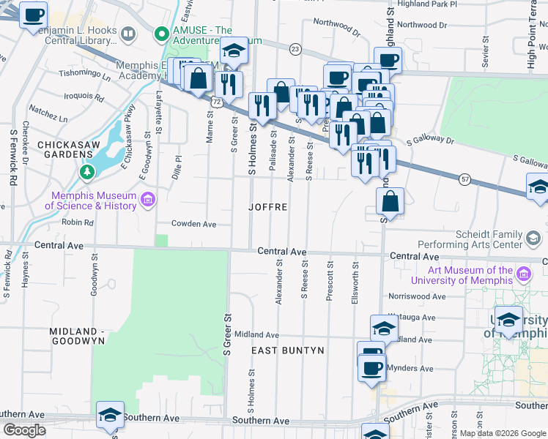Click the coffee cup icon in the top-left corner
coord(32,15)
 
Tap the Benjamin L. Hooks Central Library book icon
coord(129,34)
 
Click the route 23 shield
coord(295,49)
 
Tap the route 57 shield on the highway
coord(464,179)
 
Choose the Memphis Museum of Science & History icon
coord(148,200)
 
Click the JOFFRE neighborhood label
coord(267,207)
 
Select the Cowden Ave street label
coord(193,224)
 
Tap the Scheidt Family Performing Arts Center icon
coord(533,237)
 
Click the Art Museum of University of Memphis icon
coord(523,274)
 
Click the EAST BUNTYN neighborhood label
coord(287,350)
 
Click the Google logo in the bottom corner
coord(24,429)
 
